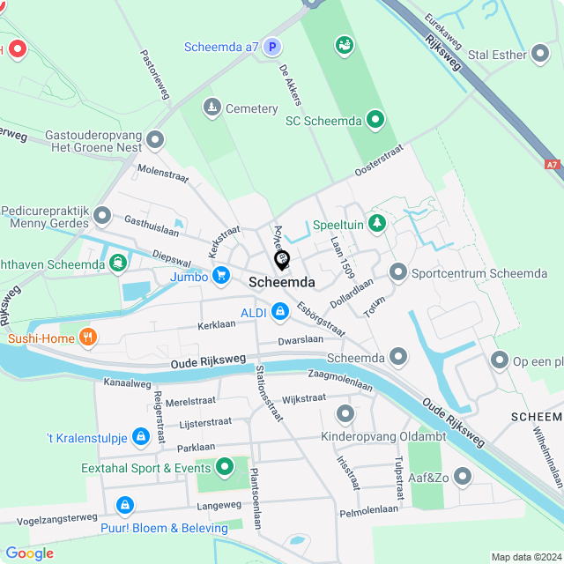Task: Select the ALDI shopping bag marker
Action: coord(280,311)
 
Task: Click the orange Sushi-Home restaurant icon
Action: coord(87,337)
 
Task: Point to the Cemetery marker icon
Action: coord(211,108)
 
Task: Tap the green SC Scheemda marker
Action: coord(375,119)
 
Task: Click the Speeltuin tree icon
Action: coord(377,224)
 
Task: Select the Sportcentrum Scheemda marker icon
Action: coord(398,272)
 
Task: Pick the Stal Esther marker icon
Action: coord(540,55)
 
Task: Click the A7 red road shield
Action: coord(552,164)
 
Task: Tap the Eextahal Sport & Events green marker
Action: coord(224,467)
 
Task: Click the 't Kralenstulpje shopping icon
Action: coord(140,436)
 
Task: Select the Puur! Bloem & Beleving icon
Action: coord(125,506)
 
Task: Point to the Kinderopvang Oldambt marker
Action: coord(345,413)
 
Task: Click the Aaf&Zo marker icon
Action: coord(462,477)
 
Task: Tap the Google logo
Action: coord(29,553)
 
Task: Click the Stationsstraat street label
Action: coord(269,392)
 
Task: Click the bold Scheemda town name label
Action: coord(282,282)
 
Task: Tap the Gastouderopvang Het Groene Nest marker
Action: coord(156,139)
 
